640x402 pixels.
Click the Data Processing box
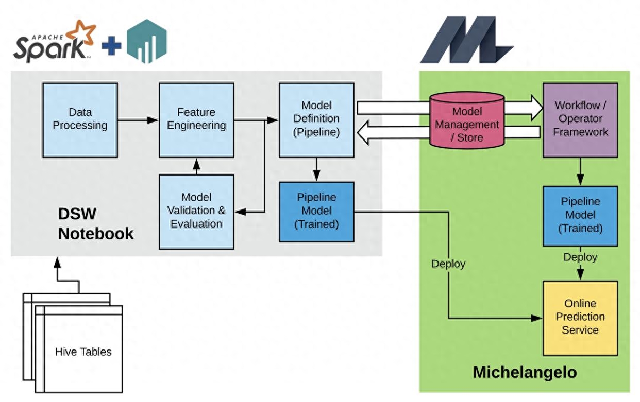click(x=80, y=119)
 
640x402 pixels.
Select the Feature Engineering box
click(x=196, y=119)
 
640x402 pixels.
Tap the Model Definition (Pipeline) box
click(x=316, y=119)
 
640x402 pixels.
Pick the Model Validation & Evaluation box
click(x=196, y=211)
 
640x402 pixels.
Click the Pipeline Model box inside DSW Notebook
click(x=316, y=211)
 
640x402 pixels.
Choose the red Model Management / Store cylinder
click(x=467, y=124)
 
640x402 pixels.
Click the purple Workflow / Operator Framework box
click(x=580, y=119)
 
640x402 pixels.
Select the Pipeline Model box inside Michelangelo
click(x=580, y=215)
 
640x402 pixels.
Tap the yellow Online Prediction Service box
click(x=580, y=317)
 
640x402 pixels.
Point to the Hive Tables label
click(x=83, y=352)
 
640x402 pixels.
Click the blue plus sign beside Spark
click(x=111, y=46)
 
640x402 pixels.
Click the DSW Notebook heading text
click(x=95, y=223)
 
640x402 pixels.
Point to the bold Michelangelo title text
click(x=525, y=372)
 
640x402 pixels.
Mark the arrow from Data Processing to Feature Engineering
click(x=138, y=120)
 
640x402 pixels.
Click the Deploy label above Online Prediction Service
click(x=580, y=257)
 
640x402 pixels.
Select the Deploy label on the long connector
click(x=448, y=264)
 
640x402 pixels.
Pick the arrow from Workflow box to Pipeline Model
click(x=580, y=171)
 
